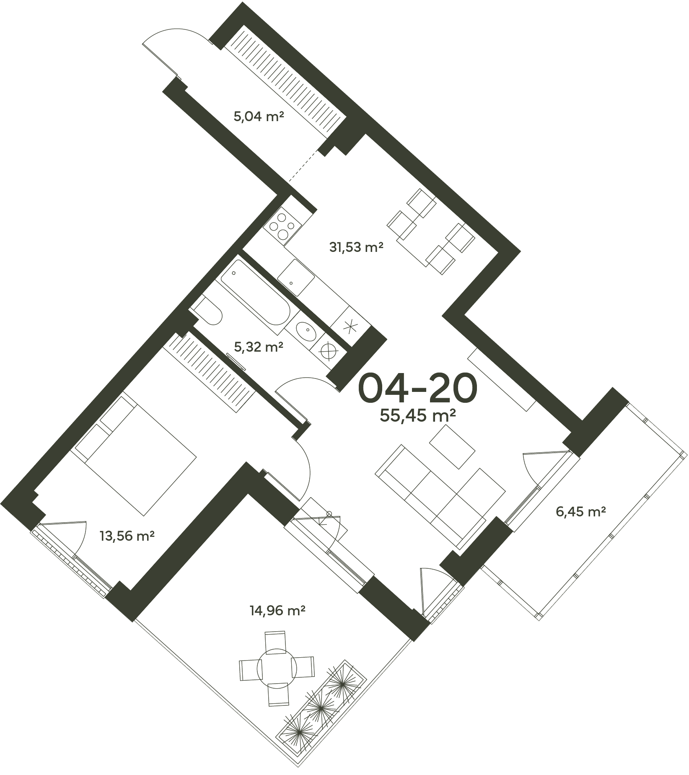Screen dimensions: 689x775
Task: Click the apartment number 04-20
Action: coord(417,388)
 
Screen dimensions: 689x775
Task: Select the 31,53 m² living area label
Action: coord(357,247)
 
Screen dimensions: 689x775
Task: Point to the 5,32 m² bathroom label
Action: coord(259,347)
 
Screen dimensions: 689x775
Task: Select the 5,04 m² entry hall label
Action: coord(259,117)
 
